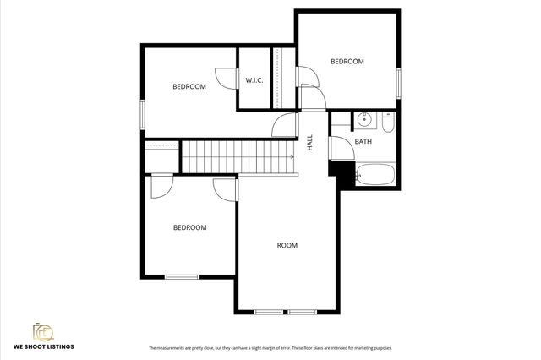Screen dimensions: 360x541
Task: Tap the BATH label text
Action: pos(363,142)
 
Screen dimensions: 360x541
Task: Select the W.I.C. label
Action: pos(254,80)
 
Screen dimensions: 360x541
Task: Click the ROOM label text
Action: pos(287,246)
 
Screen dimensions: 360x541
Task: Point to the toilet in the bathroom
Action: pos(386,124)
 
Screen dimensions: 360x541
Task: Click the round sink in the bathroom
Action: pos(365,119)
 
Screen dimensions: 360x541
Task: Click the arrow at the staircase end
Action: pos(291,156)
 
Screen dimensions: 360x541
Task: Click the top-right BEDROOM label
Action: pos(347,62)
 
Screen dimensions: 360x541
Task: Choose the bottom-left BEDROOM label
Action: pos(189,227)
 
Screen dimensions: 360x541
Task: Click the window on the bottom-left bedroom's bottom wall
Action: pos(182,276)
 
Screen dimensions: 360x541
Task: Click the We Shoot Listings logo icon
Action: pos(41,332)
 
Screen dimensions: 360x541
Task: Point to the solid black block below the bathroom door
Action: pos(344,172)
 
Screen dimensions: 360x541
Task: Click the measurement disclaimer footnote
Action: pos(270,348)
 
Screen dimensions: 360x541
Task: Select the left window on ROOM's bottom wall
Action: pos(269,313)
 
